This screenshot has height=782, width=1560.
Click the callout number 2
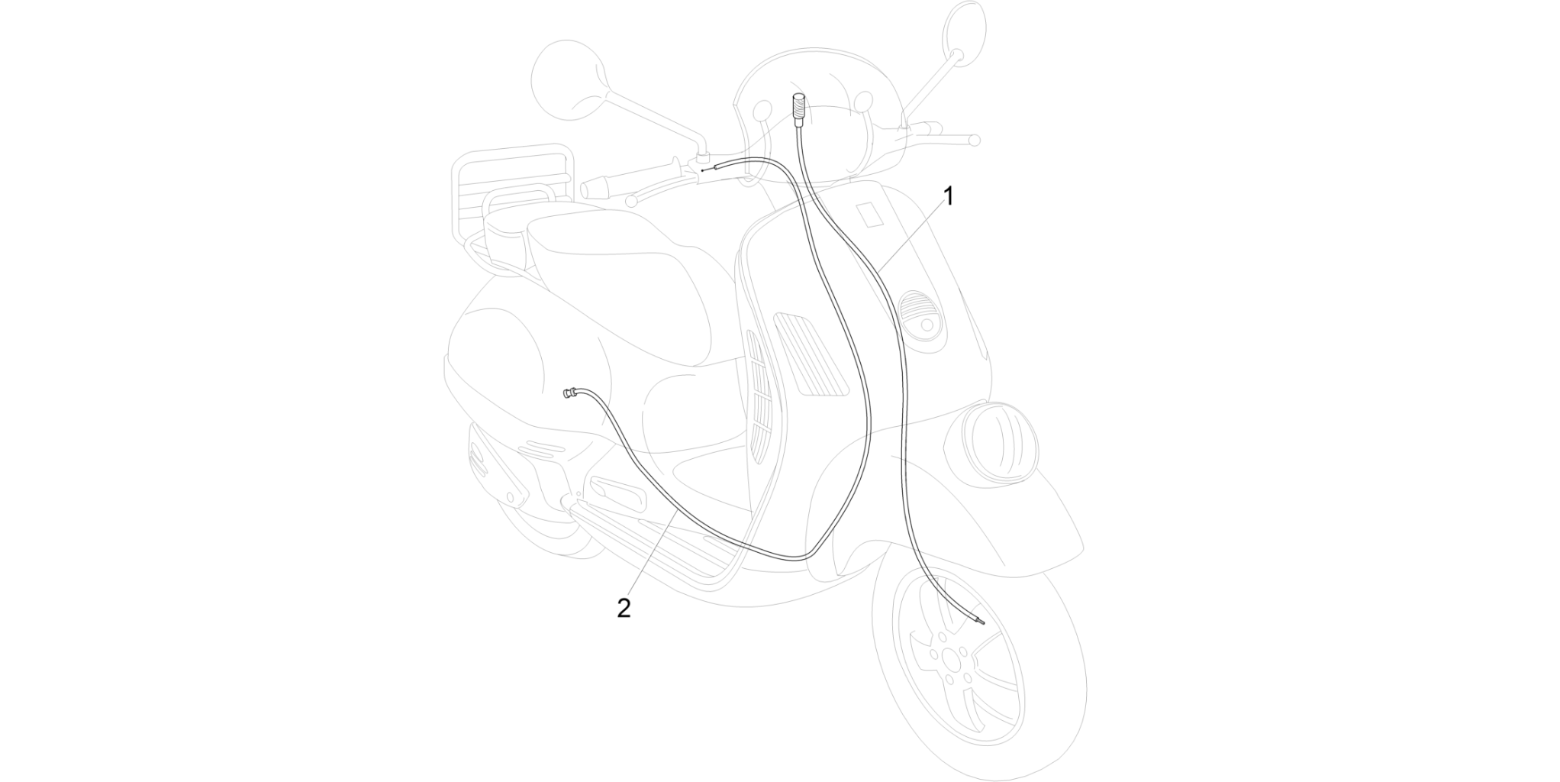(x=624, y=609)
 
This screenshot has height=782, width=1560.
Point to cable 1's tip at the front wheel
(x=982, y=623)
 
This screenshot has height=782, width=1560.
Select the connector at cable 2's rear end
(x=570, y=394)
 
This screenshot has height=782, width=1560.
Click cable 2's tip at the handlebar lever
(x=703, y=170)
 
